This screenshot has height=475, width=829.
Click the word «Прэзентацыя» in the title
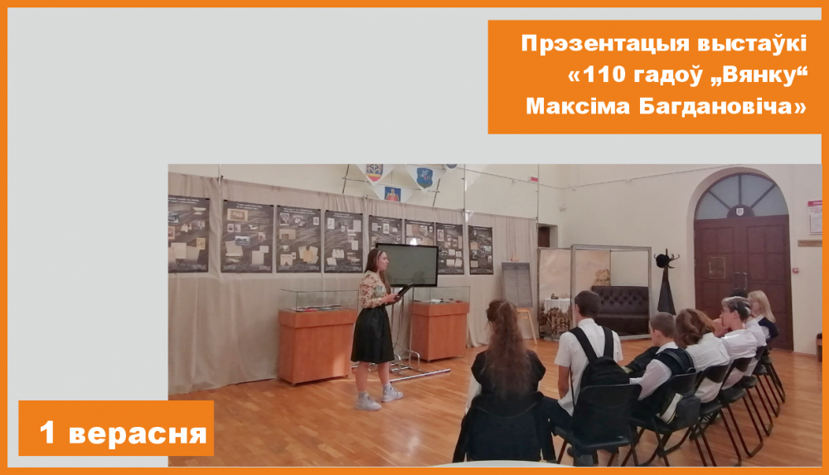pos(605,44)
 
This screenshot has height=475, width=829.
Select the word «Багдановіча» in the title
pos(722,106)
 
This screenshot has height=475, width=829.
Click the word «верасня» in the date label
pos(138,434)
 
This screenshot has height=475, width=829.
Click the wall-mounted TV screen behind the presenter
pos(407,264)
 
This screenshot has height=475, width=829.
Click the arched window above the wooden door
pos(741,196)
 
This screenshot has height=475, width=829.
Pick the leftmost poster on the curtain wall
pos(188,234)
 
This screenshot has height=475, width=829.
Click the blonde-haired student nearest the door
pos(762,314)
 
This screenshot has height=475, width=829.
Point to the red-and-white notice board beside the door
pos(815,217)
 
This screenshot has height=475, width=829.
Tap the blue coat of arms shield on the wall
pos(424,177)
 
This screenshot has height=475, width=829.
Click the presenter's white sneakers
pos(379,400)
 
